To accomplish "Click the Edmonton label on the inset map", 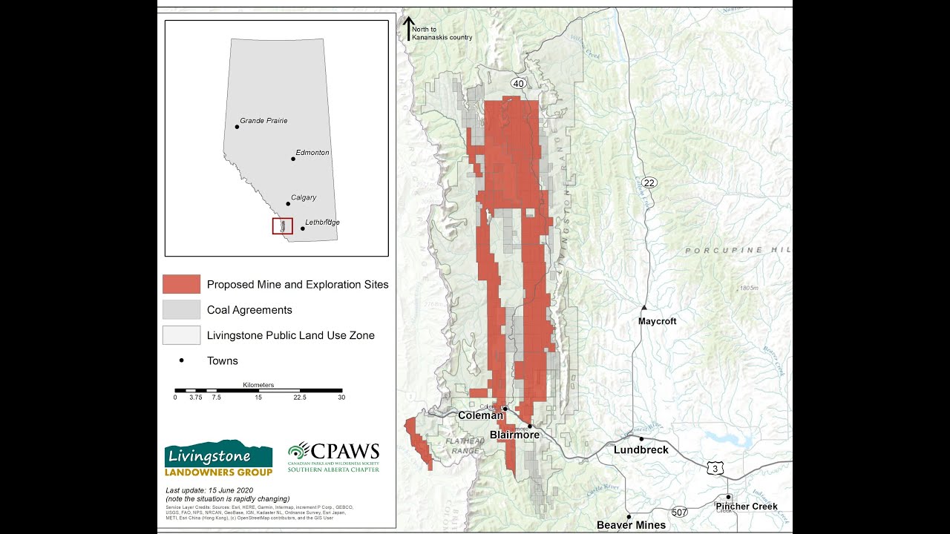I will [312, 153].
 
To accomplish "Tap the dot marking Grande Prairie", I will [237, 127].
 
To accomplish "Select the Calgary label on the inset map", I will [304, 197].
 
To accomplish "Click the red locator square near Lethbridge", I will [282, 226].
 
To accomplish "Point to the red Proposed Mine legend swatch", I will [181, 284].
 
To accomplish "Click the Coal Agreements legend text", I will [249, 310].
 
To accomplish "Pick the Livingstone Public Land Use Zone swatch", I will [181, 335].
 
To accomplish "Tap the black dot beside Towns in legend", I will [181, 360].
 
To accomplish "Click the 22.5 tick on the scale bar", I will [300, 398].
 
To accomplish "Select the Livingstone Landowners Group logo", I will [218, 459].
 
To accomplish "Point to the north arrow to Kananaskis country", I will [408, 29].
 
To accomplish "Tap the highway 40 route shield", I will [519, 83].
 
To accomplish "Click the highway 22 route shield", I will [649, 182].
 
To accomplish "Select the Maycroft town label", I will [658, 321].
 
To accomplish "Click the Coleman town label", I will [480, 415].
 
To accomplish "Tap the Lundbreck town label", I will [641, 449].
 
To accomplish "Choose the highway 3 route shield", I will [715, 468].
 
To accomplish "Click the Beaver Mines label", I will [631, 525].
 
